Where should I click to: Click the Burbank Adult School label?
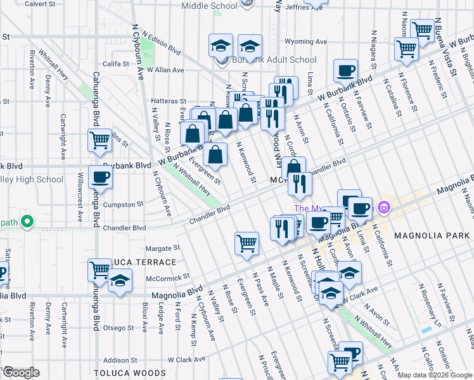click(x=274, y=60)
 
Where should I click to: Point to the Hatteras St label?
click(x=168, y=101)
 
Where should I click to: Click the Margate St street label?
click(x=163, y=248)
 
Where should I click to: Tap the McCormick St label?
click(x=168, y=277)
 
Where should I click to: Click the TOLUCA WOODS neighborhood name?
click(x=124, y=373)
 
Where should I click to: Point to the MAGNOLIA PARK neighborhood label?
click(x=430, y=236)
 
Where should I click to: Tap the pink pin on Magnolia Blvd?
click(x=383, y=207)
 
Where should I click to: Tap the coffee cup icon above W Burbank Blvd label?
click(x=345, y=71)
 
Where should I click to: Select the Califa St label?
click(x=116, y=64)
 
